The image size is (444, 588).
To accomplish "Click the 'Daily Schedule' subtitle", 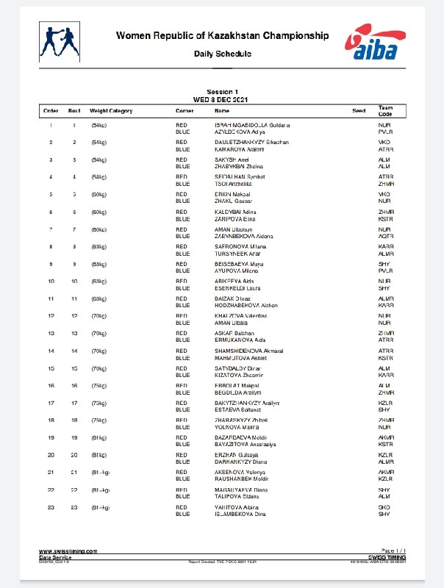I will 222,54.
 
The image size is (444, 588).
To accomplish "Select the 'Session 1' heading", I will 222,93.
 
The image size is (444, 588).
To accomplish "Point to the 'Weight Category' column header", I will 111,111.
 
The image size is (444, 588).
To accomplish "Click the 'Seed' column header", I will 359,111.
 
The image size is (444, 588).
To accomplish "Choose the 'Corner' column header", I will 185,111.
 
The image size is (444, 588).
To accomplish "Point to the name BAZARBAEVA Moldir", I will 237,437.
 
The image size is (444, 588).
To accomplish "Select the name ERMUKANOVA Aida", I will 236,340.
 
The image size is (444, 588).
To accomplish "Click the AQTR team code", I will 386,236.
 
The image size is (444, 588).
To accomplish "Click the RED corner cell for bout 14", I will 182,351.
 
